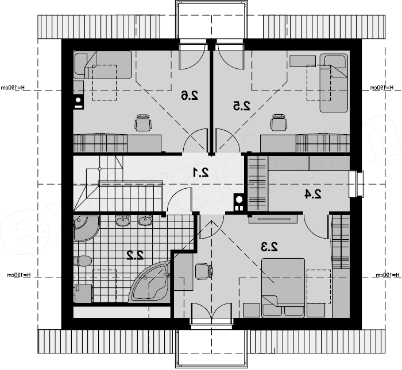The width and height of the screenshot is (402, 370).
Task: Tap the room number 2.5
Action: [x=242, y=106]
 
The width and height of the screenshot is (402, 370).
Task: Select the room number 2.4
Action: [x=312, y=194]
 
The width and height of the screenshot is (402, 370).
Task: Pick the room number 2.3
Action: [x=269, y=247]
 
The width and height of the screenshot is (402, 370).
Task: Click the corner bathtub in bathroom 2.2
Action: [x=150, y=282]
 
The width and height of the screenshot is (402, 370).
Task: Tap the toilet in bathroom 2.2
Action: [x=83, y=261]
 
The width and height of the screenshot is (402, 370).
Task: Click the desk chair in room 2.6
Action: [x=144, y=122]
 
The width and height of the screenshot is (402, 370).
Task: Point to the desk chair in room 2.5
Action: [x=279, y=122]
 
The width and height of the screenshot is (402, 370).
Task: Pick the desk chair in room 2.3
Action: [x=203, y=271]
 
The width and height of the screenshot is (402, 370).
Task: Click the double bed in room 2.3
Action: [x=283, y=286]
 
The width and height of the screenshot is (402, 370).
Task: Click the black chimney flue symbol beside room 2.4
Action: [x=238, y=200]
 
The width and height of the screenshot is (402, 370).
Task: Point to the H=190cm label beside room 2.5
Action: [x=380, y=88]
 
